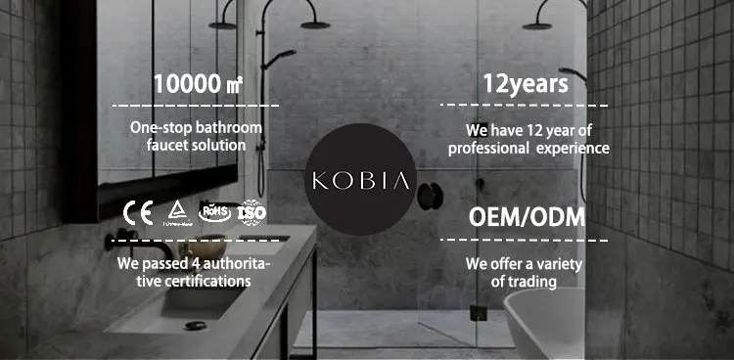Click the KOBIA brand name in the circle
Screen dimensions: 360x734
tap(362, 181)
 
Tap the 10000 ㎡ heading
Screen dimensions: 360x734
tap(195, 83)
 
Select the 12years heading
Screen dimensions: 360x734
tap(525, 83)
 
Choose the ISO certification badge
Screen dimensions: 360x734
tap(252, 211)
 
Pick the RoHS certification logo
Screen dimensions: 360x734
tap(213, 210)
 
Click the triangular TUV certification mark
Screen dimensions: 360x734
tap(176, 211)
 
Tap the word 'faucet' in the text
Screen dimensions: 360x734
tap(168, 145)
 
